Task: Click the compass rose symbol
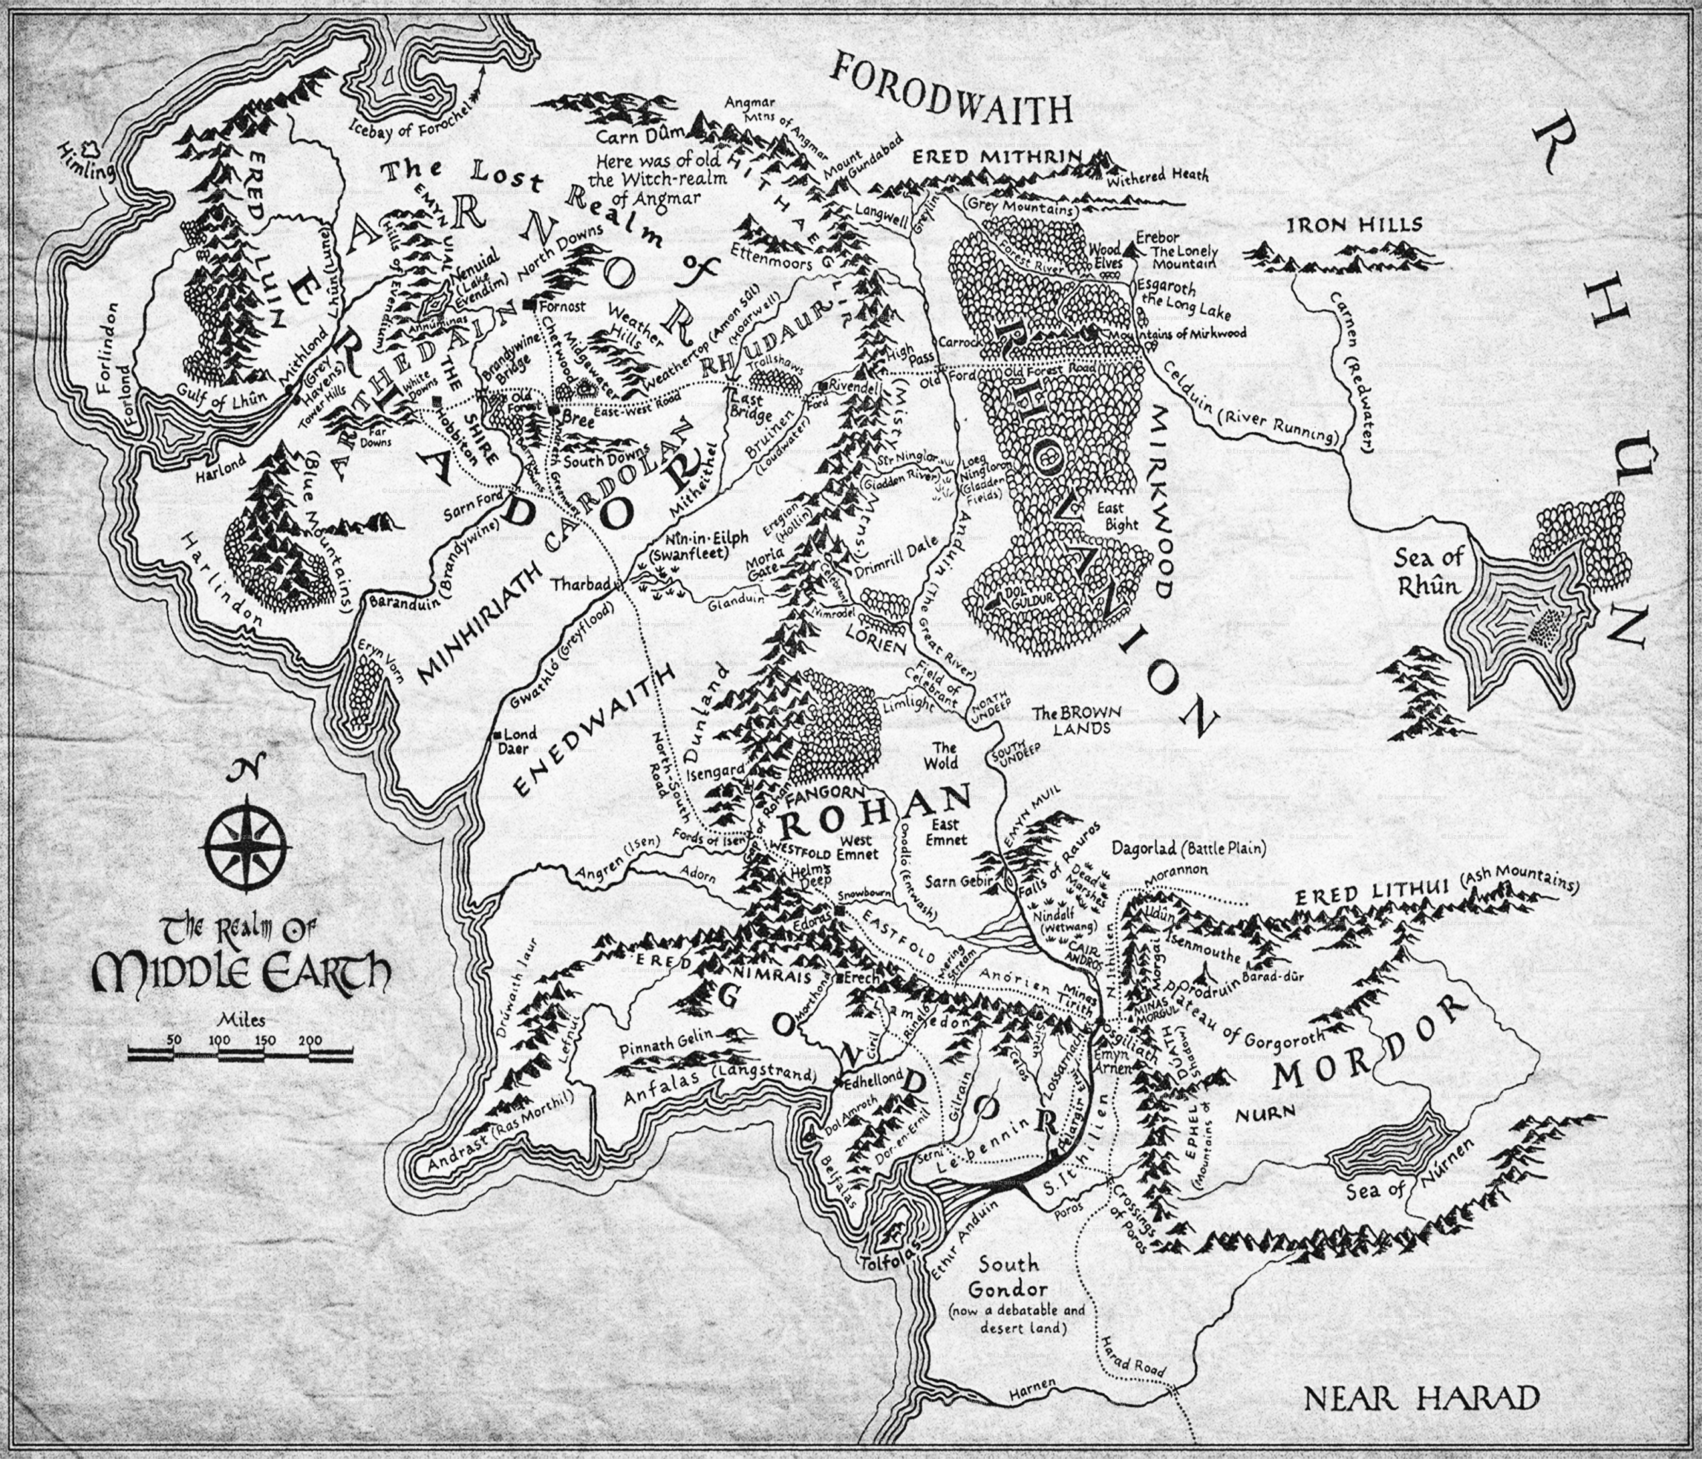pos(247,847)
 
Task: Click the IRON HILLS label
pos(1342,225)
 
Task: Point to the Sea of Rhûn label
pos(1429,573)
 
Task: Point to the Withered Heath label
pos(1157,175)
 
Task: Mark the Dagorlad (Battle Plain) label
pos(1189,847)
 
